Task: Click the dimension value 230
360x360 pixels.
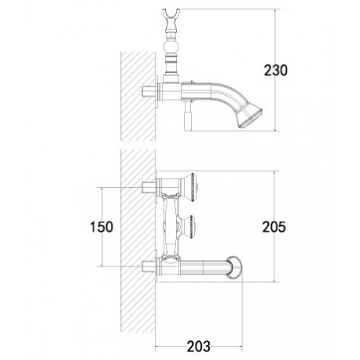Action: click(x=275, y=70)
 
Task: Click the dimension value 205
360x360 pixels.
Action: click(x=274, y=227)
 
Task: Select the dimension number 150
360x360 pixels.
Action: click(x=101, y=227)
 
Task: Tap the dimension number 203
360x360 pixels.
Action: click(x=198, y=347)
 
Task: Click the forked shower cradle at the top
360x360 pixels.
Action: click(x=171, y=15)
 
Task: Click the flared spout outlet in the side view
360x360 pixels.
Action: click(x=249, y=116)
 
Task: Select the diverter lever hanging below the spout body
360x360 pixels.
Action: click(x=189, y=116)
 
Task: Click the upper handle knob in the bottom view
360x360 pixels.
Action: click(x=189, y=187)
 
